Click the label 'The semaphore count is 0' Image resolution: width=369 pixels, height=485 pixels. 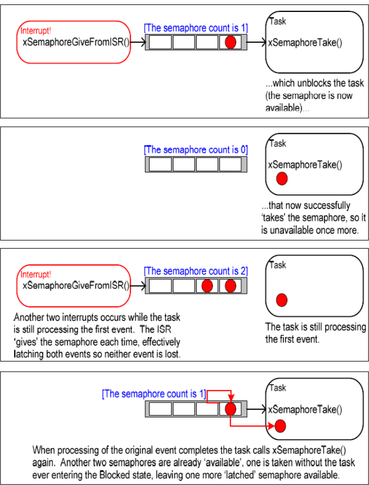pyautogui.click(x=196, y=150)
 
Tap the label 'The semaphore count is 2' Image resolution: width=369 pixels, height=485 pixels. pyautogui.click(x=196, y=271)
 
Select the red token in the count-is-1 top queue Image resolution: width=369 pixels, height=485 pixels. pyautogui.click(x=230, y=43)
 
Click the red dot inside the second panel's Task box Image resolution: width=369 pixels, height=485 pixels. pyautogui.click(x=281, y=178)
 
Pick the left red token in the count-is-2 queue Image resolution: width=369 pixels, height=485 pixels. pyautogui.click(x=206, y=285)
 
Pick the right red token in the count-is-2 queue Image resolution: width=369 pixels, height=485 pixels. pyautogui.click(x=230, y=285)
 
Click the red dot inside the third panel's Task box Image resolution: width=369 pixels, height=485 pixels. pyautogui.click(x=281, y=300)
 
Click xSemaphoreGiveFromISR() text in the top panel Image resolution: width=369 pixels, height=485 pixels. pyautogui.click(x=76, y=42)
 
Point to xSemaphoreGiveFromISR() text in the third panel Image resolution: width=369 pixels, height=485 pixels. pyautogui.click(x=76, y=285)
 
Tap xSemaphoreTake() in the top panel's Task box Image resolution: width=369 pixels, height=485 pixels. pyautogui.click(x=305, y=43)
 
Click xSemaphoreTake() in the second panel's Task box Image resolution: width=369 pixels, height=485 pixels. pyautogui.click(x=305, y=165)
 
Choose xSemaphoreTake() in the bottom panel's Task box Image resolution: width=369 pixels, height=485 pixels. pyautogui.click(x=305, y=409)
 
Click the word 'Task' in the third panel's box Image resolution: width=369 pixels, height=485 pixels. pyautogui.click(x=277, y=265)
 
